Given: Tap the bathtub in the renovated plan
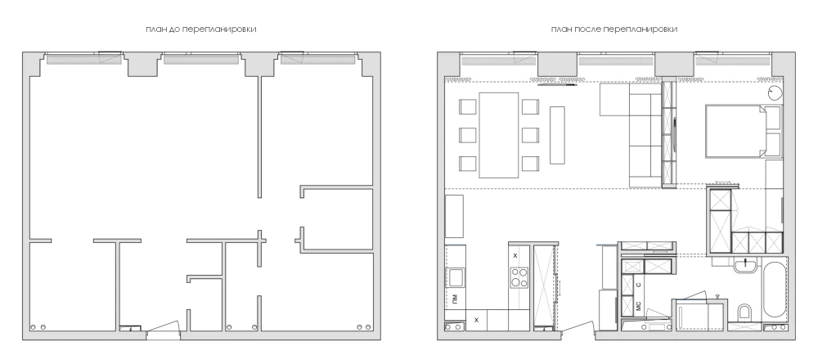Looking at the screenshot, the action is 774,289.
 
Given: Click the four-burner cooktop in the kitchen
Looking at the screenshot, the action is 519,277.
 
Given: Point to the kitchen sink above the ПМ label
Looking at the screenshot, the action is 456,277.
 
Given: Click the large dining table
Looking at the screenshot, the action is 499,135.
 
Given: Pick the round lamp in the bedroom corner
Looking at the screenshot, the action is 774,93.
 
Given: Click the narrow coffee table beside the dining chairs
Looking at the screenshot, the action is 557,135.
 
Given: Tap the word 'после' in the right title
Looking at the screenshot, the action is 588,29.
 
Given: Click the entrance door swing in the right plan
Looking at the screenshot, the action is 577,326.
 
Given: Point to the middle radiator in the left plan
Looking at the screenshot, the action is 201,60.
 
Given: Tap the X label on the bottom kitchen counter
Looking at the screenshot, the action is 476,320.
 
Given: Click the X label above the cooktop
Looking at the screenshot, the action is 515,255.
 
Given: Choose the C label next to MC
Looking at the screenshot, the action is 639,286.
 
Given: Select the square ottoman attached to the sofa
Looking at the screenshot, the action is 614,99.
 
